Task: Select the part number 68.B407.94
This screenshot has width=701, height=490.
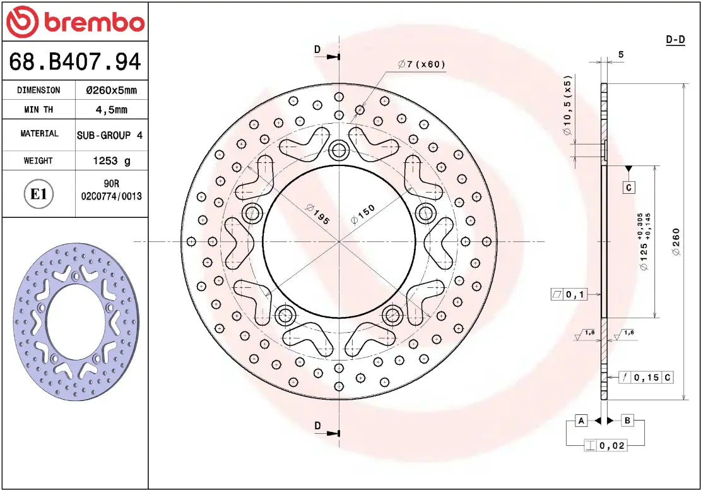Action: pos(74,62)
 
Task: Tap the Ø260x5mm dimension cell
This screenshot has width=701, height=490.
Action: pos(111,90)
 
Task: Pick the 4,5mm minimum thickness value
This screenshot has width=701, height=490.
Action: pos(111,110)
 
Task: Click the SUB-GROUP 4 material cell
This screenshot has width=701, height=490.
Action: pos(110,135)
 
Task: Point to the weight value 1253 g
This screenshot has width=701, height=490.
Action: pos(111,161)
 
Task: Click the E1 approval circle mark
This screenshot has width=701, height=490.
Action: pos(38,194)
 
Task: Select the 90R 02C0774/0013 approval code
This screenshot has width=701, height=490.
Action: pos(111,191)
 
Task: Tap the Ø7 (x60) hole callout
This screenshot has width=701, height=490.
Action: pos(421,64)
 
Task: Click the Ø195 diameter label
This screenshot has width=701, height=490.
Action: pos(317,213)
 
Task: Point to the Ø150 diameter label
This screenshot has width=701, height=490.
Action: pos(362,215)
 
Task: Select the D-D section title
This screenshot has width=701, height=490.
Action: pos(675,40)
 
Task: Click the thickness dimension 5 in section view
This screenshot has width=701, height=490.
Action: pos(621,55)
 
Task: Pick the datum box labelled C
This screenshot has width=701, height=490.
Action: pos(628,188)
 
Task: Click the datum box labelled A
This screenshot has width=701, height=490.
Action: pos(581,421)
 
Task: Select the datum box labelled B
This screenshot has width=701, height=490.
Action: pos(628,421)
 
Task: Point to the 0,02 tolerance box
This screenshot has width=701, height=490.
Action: pos(606,446)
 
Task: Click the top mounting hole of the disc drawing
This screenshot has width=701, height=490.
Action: pos(339,150)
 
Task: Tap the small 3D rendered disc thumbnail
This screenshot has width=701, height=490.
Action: pos(76,322)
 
